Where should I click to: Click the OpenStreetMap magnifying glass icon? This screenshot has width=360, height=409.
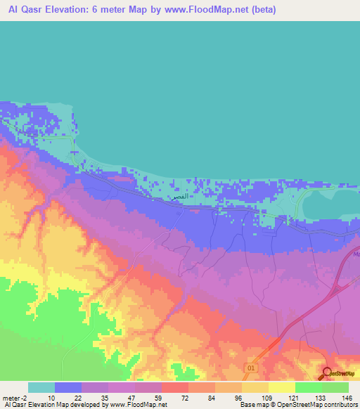[x=327, y=372]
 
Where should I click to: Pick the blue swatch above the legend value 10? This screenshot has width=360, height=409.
[x=68, y=387]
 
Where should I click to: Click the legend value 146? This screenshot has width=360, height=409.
[x=345, y=398]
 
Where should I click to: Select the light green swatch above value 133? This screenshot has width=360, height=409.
[x=309, y=387]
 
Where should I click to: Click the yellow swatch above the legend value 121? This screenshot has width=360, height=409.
[x=282, y=387]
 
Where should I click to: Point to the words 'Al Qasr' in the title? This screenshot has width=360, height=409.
[x=22, y=10]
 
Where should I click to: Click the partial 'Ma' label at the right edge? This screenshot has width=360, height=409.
[x=355, y=254]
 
